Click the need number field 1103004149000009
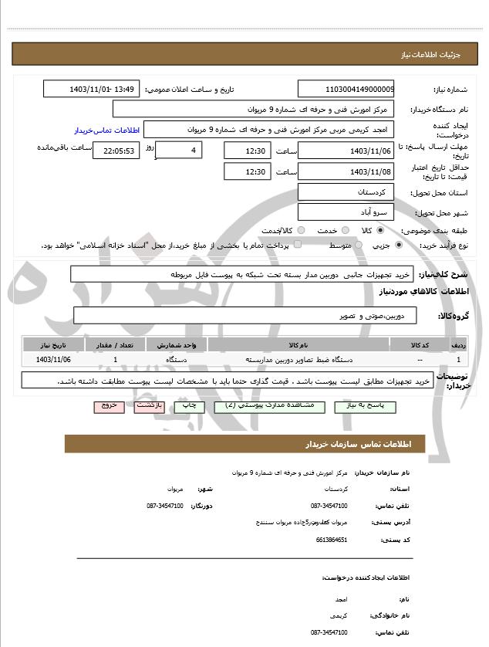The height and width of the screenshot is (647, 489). tap(346, 89)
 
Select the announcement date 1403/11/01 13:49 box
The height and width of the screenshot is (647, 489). tap(92, 89)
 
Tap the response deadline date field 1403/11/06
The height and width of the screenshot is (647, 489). tap(346, 150)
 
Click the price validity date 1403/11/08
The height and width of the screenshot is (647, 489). tap(346, 171)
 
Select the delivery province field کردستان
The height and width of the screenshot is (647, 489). tap(346, 191)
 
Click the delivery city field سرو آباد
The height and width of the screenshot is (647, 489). tap(346, 211)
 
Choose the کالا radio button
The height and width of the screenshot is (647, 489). tap(380, 230)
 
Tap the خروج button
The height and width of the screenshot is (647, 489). tap(109, 405)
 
